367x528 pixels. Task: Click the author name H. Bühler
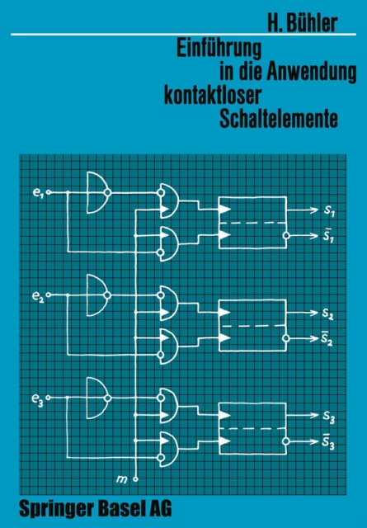303,23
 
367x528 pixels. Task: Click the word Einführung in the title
219,49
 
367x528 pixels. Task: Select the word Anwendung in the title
312,72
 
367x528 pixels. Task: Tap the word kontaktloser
213,95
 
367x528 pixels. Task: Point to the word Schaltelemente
279,119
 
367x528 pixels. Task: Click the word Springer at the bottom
56,509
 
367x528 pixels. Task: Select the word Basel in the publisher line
121,508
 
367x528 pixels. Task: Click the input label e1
38,193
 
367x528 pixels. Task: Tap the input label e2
38,296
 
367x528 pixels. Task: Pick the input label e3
37,398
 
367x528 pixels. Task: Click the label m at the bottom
121,478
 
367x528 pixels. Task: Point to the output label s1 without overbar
329,210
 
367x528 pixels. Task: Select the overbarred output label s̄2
327,338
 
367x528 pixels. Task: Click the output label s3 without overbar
328,417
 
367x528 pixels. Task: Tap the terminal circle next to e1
49,192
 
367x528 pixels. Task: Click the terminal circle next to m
135,479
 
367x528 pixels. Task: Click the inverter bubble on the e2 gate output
107,295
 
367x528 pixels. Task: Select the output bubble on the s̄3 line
286,441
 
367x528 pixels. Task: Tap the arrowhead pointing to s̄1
314,235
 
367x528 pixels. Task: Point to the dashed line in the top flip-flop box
252,223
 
